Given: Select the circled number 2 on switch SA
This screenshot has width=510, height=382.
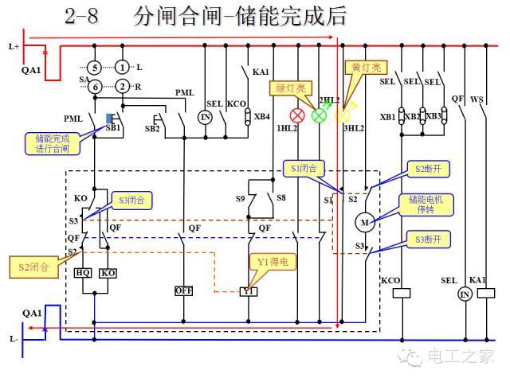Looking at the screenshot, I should tap(122, 86).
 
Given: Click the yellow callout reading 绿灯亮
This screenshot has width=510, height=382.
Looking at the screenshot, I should tap(292, 88).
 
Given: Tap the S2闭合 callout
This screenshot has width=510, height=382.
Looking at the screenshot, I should tap(33, 267).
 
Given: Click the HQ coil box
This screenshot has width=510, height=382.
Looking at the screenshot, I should tap(83, 272).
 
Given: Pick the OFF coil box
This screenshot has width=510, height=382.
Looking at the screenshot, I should tap(184, 291).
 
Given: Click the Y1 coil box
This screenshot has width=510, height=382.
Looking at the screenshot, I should tap(249, 291).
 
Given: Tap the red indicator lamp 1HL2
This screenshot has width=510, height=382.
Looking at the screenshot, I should tap(301, 115).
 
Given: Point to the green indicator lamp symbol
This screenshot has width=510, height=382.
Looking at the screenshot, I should tap(320, 115).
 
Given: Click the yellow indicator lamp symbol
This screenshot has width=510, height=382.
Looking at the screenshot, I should tap(343, 115).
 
